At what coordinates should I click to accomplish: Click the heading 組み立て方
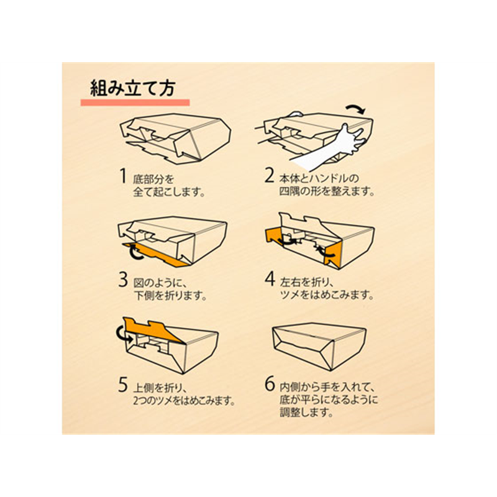point(133,88)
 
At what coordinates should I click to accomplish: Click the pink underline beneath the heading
point(135,103)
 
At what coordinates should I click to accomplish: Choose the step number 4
point(270,279)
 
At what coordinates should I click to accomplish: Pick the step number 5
point(123,385)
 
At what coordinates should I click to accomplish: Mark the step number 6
point(270,384)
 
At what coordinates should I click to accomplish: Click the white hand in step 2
point(330,149)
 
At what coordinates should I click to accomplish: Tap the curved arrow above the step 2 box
point(355,109)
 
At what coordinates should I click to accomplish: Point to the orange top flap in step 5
point(152,331)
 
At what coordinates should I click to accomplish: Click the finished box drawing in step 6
point(319,346)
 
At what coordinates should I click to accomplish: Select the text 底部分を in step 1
point(153,180)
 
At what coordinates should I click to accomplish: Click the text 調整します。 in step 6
point(306,413)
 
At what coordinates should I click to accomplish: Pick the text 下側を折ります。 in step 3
point(170,296)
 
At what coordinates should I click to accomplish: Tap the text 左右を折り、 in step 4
point(306,282)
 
